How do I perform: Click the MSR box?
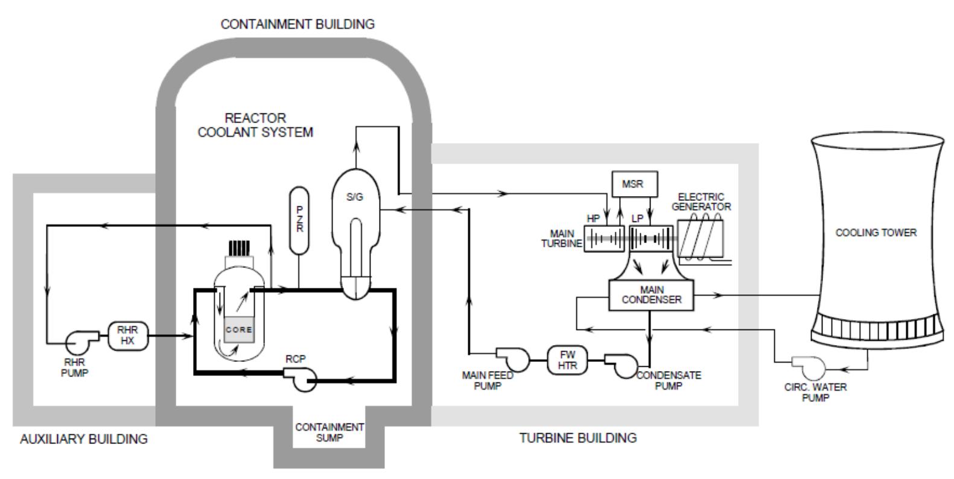633,185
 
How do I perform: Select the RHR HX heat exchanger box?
127,335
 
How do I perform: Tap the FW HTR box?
567,360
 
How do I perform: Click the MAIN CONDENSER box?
651,295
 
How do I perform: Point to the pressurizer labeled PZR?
299,220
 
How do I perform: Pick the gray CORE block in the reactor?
239,330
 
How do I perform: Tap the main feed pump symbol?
514,360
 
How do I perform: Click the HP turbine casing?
605,238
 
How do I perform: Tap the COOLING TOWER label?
876,233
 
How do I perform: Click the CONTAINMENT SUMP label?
329,433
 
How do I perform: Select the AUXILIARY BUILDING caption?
84,439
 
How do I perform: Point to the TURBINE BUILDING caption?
578,438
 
